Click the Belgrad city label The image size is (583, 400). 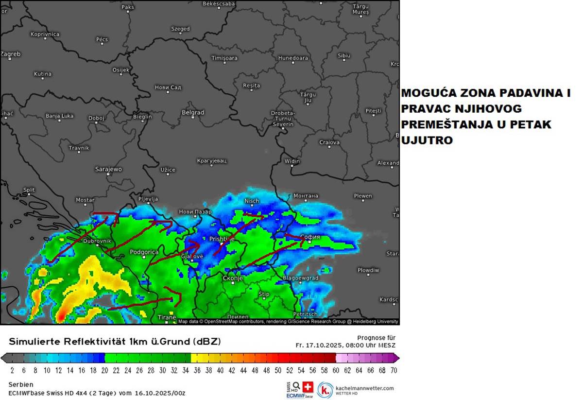click(193, 112)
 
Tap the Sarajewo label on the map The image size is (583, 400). click(108, 169)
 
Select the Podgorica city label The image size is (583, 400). click(144, 252)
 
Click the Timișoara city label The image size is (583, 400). click(224, 58)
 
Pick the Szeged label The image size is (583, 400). click(180, 29)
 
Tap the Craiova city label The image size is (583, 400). click(329, 142)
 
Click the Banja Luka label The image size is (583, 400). click(59, 116)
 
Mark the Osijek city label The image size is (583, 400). click(121, 70)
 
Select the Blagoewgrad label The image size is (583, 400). click(300, 278)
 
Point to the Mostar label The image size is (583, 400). click(85, 200)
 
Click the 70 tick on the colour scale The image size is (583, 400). click(394, 370)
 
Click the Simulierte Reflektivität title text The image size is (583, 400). click(115, 342)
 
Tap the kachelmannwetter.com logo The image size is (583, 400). click(356, 389)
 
